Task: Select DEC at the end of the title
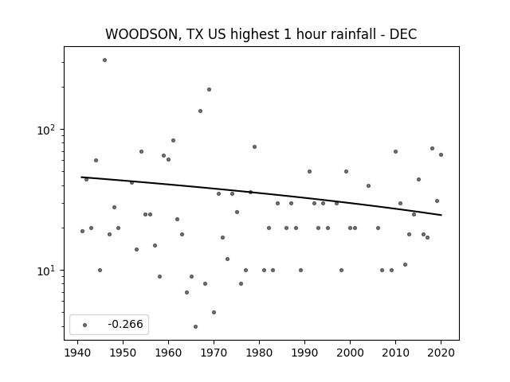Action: (403, 34)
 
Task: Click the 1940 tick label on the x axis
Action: (77, 353)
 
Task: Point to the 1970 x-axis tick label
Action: (214, 353)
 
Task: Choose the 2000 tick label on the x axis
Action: (350, 353)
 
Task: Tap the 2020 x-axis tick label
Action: (441, 353)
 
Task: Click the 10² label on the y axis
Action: (46, 130)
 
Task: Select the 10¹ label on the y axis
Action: (46, 271)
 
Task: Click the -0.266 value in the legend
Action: (126, 324)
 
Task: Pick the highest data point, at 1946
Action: (104, 60)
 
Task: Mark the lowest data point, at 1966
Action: (195, 326)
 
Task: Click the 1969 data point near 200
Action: (209, 90)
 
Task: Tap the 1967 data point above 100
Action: (200, 111)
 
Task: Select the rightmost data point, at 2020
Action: (441, 155)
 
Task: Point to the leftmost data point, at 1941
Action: (82, 232)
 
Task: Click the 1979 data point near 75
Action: (255, 146)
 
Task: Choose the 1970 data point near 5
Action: (214, 313)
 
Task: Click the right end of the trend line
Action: (441, 215)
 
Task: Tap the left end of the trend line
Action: (81, 177)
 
